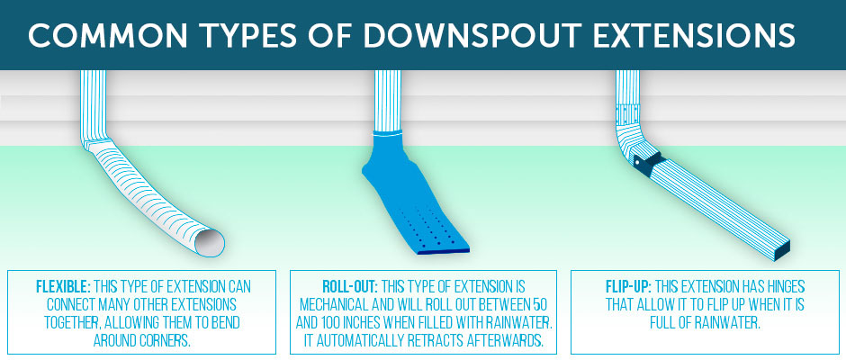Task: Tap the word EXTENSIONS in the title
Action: coord(700,36)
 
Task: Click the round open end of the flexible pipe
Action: coord(210,242)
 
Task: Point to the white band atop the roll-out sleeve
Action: coord(388,134)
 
